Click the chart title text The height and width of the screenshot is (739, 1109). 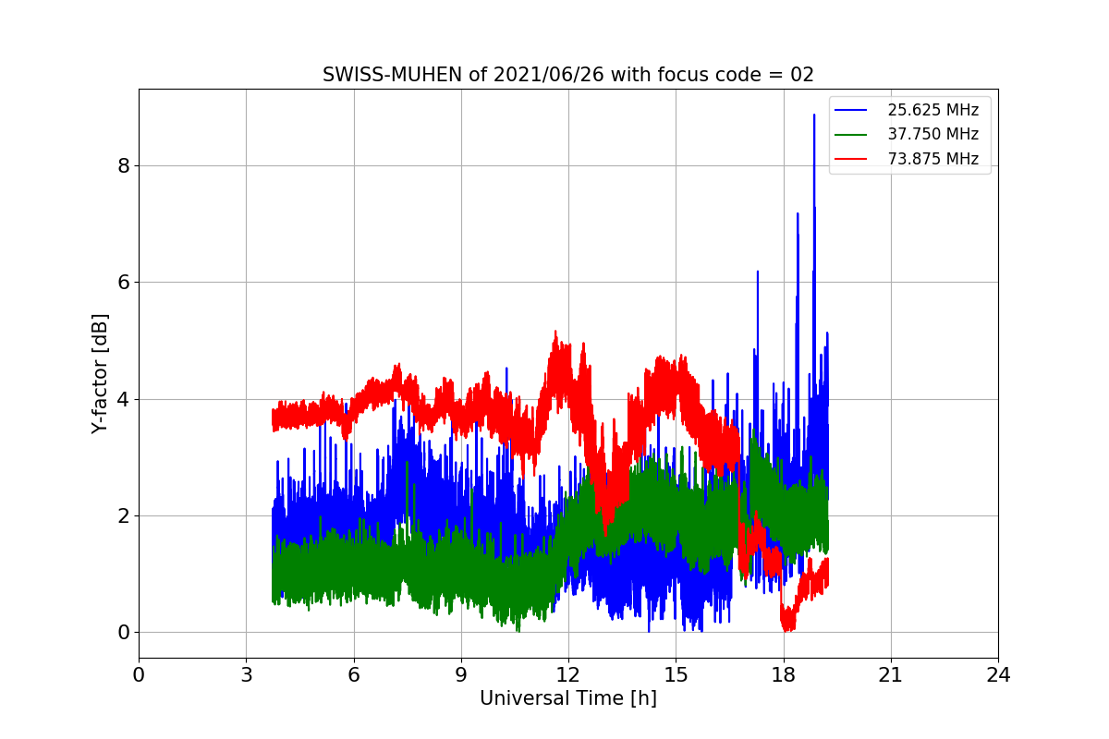(567, 75)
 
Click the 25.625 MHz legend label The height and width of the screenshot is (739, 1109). (932, 110)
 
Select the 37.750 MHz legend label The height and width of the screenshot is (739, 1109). (932, 134)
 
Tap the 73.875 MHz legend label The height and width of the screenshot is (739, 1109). (932, 159)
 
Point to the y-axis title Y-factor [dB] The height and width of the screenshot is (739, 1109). (100, 373)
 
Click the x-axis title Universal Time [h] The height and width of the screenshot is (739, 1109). (567, 698)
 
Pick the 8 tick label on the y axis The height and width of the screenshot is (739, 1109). (122, 166)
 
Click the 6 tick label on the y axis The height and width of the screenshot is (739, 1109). (122, 283)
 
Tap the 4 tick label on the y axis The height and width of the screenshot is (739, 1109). (122, 399)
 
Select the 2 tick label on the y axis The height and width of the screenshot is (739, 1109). (122, 515)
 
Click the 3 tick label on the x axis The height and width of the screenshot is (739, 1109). (246, 674)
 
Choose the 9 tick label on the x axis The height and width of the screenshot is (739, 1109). (461, 674)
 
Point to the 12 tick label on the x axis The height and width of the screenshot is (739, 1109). (568, 674)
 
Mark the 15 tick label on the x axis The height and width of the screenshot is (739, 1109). (676, 674)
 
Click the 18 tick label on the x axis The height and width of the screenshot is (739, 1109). (783, 674)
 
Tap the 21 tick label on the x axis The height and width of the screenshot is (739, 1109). (890, 674)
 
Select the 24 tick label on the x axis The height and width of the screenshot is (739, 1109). (998, 674)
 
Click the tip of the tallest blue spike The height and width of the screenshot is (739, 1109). (814, 115)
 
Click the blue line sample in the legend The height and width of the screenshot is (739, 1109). (850, 110)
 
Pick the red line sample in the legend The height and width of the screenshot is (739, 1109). (850, 159)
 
